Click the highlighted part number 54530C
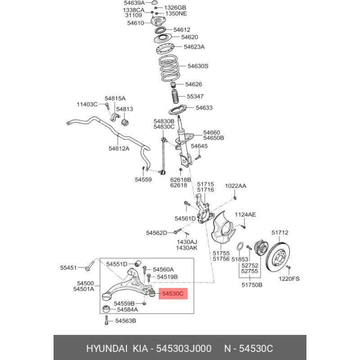[173, 294]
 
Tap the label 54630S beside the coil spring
[198, 66]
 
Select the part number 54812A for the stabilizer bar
[119, 148]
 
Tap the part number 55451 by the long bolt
[69, 267]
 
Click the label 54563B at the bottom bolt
[125, 321]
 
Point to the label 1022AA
[236, 185]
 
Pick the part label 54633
[203, 108]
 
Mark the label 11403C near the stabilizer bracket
[86, 104]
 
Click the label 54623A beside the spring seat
[193, 46]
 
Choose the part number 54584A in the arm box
[127, 310]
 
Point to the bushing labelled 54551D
[139, 263]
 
